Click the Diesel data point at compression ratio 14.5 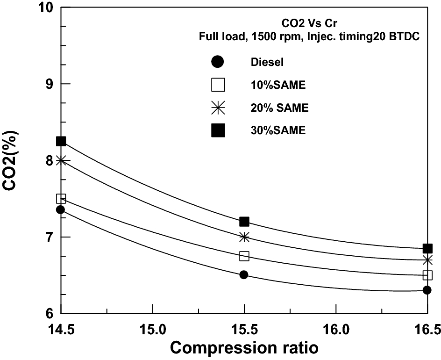pyautogui.click(x=60, y=210)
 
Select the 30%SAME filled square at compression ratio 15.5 pyautogui.click(x=244, y=221)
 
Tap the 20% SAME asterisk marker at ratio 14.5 pyautogui.click(x=61, y=160)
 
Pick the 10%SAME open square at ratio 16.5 pyautogui.click(x=427, y=275)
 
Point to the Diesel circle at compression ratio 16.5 pyautogui.click(x=427, y=290)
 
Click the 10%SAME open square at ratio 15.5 pyautogui.click(x=244, y=256)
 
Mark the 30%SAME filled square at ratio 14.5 pyautogui.click(x=61, y=141)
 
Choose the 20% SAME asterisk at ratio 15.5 pyautogui.click(x=244, y=237)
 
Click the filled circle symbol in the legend pyautogui.click(x=218, y=62)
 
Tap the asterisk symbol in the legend pyautogui.click(x=218, y=108)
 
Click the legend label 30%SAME pyautogui.click(x=277, y=131)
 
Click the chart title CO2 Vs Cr pyautogui.click(x=309, y=22)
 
